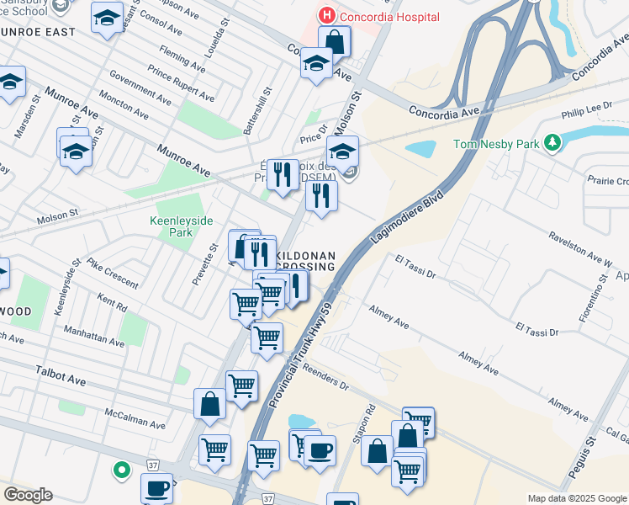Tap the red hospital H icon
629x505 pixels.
[325, 15]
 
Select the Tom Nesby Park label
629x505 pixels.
[496, 144]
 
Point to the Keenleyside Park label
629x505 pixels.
[182, 226]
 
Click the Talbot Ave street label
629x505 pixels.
[61, 369]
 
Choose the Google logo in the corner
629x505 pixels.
[28, 495]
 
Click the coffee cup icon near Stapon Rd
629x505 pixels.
[320, 450]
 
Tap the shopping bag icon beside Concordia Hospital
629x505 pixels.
[335, 41]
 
